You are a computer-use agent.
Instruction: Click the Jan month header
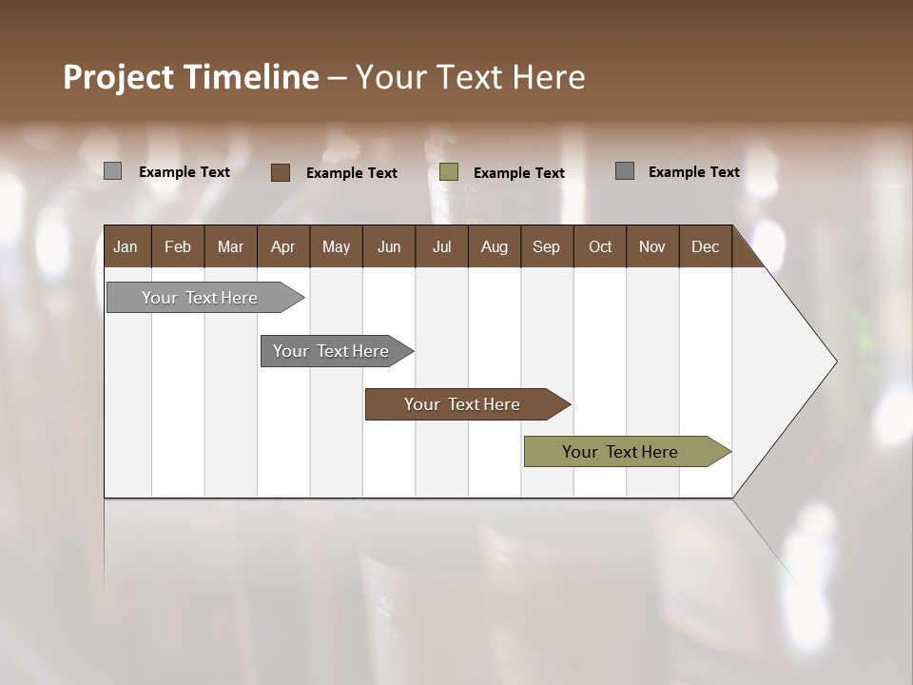tap(126, 246)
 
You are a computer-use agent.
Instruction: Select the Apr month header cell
tap(283, 246)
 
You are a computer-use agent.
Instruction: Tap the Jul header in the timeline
tap(441, 246)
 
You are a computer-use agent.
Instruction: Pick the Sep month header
tap(547, 246)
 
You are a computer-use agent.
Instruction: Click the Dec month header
tap(705, 246)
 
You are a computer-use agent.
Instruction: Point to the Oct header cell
tap(600, 246)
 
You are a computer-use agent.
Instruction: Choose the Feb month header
tap(178, 246)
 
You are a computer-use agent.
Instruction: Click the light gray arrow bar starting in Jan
tap(201, 298)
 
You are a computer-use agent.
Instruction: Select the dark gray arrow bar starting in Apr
tap(332, 351)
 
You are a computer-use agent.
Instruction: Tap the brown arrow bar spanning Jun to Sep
tap(462, 404)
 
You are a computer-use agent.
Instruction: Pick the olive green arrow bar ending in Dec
tap(621, 452)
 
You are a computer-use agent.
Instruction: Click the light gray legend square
tap(112, 171)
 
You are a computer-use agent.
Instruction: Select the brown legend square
tap(280, 172)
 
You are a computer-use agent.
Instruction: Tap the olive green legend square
tap(449, 172)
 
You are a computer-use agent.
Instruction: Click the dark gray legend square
tap(624, 171)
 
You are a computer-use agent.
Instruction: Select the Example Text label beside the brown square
tap(352, 173)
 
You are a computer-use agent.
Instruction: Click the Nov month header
tap(652, 246)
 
